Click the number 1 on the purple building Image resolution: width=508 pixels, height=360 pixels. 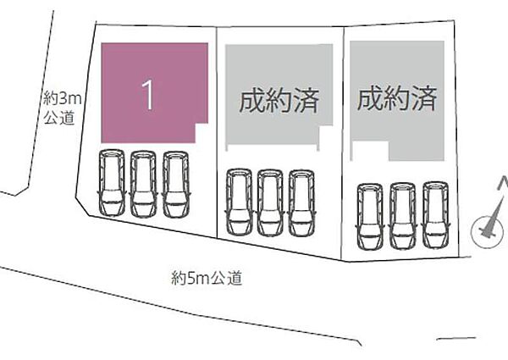(147, 96)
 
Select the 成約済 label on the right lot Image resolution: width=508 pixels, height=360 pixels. (396, 99)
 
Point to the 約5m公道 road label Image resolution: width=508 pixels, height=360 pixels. (206, 276)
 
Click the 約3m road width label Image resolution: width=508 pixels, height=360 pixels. (59, 99)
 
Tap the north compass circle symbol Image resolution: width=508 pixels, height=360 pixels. (485, 228)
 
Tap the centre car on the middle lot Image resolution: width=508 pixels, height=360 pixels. (269, 202)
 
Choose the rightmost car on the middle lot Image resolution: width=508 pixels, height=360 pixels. (301, 202)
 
